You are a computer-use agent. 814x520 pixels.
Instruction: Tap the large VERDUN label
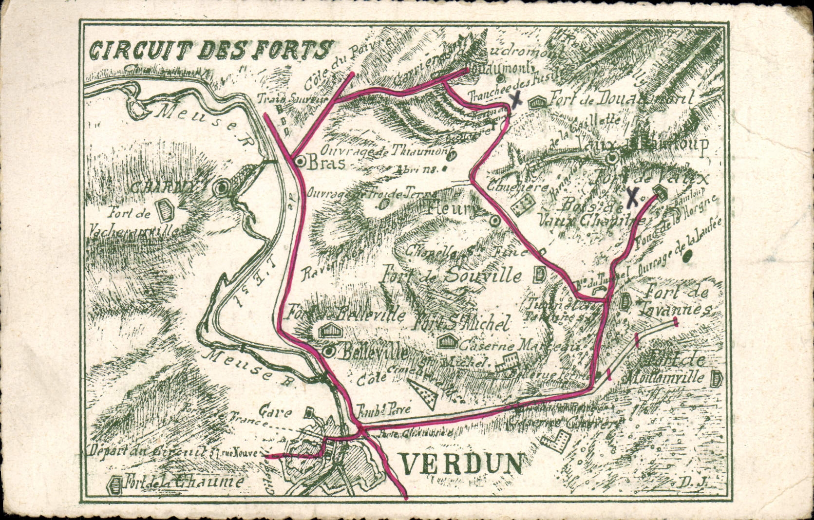pos(462,464)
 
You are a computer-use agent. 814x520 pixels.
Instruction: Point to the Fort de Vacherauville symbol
pos(165,209)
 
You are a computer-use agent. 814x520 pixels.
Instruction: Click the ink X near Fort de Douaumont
pos(516,100)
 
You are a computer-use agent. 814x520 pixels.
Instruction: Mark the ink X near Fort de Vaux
pos(632,197)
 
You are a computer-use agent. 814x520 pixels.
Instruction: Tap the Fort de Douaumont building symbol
pos(537,102)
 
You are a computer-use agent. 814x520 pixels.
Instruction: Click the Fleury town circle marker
pos(494,221)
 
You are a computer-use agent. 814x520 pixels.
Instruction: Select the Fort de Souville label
pos(452,275)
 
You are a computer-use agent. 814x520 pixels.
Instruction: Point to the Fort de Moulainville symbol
pos(716,378)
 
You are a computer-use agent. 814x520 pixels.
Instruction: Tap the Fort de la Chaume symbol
pos(115,484)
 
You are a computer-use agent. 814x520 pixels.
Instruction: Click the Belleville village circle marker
pos(329,351)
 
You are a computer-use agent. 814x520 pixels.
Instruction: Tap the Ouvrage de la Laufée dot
pos(688,256)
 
